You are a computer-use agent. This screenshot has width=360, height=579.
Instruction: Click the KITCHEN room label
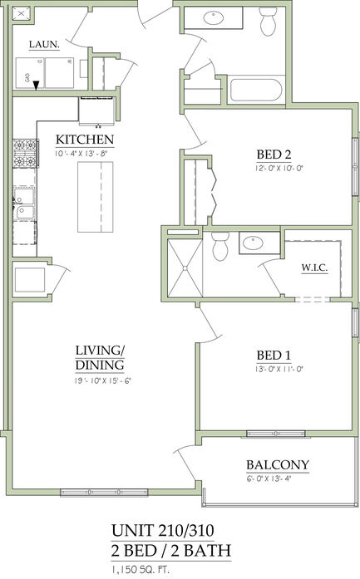pyautogui.click(x=85, y=140)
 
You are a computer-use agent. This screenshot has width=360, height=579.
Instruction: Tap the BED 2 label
pyautogui.click(x=274, y=154)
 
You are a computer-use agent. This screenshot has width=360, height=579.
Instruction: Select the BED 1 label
pyautogui.click(x=274, y=356)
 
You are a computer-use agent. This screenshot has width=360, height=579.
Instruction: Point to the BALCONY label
pyautogui.click(x=278, y=464)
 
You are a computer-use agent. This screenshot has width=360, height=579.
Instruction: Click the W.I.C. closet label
pyautogui.click(x=314, y=268)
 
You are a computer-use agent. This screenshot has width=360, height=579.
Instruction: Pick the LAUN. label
pyautogui.click(x=44, y=45)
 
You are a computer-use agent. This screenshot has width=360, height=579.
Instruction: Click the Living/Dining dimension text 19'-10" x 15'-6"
pyautogui.click(x=103, y=380)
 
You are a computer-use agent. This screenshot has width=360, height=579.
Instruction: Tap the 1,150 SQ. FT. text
pyautogui.click(x=140, y=569)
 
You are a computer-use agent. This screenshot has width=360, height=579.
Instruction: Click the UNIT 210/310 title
pyautogui.click(x=163, y=531)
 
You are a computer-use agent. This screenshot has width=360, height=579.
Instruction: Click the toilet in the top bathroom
pyautogui.click(x=268, y=21)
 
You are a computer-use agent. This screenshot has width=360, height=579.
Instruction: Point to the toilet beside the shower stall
pyautogui.click(x=220, y=246)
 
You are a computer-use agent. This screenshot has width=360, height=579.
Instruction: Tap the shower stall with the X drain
pyautogui.click(x=185, y=268)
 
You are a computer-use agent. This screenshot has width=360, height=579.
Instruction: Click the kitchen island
pyautogui.click(x=96, y=197)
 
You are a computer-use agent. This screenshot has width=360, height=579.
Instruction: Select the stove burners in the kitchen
pyautogui.click(x=25, y=153)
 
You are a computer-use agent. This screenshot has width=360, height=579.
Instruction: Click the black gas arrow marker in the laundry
pyautogui.click(x=36, y=86)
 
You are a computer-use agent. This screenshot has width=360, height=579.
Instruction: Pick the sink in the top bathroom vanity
pyautogui.click(x=214, y=17)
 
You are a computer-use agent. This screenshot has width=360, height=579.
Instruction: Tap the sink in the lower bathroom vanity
pyautogui.click(x=254, y=243)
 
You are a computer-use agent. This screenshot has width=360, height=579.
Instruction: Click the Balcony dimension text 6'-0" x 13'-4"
pyautogui.click(x=272, y=479)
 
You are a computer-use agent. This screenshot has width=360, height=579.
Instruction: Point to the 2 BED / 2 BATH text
pyautogui.click(x=171, y=551)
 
